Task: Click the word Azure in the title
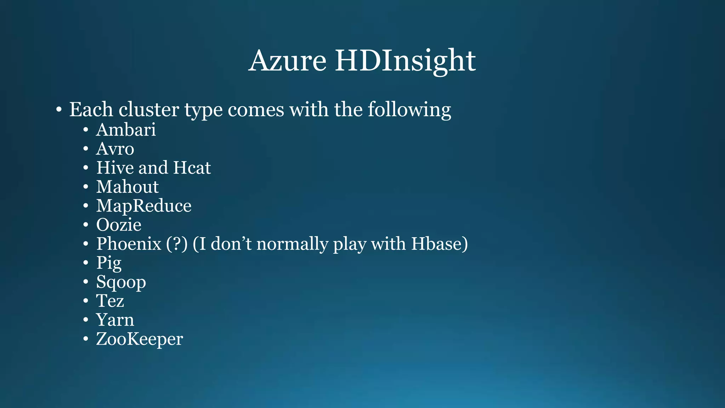[x=287, y=61]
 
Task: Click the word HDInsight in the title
[x=405, y=61]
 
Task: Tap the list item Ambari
[x=126, y=130]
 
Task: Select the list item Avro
[x=115, y=149]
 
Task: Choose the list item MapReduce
[x=144, y=206]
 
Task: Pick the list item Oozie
[x=119, y=225]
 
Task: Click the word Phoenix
[x=129, y=244]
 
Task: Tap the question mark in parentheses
[x=177, y=244]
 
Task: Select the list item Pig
[x=109, y=263]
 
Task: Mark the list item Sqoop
[x=121, y=282]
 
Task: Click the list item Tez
[x=110, y=301]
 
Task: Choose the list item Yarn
[x=115, y=320]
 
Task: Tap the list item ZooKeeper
[x=139, y=339]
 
